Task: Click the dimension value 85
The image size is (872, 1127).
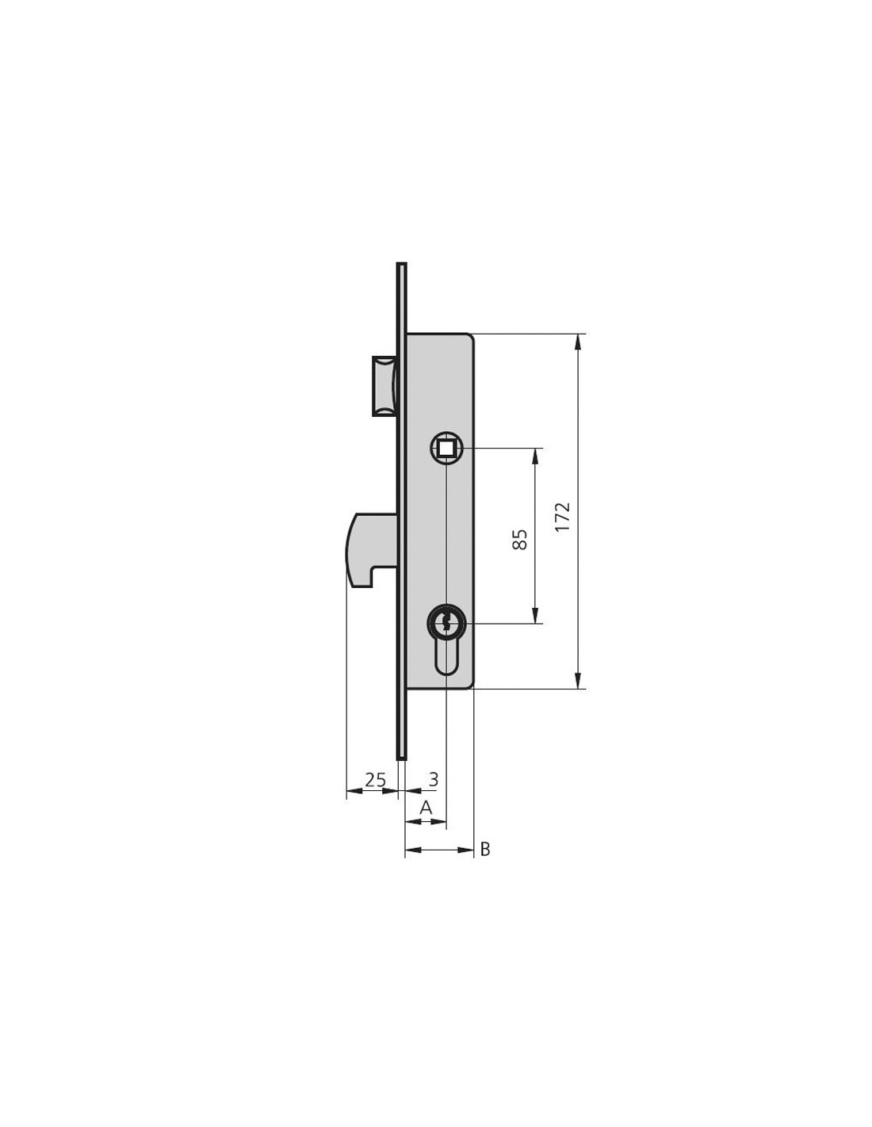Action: click(x=519, y=540)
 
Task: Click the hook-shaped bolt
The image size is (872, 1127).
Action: click(x=373, y=550)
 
